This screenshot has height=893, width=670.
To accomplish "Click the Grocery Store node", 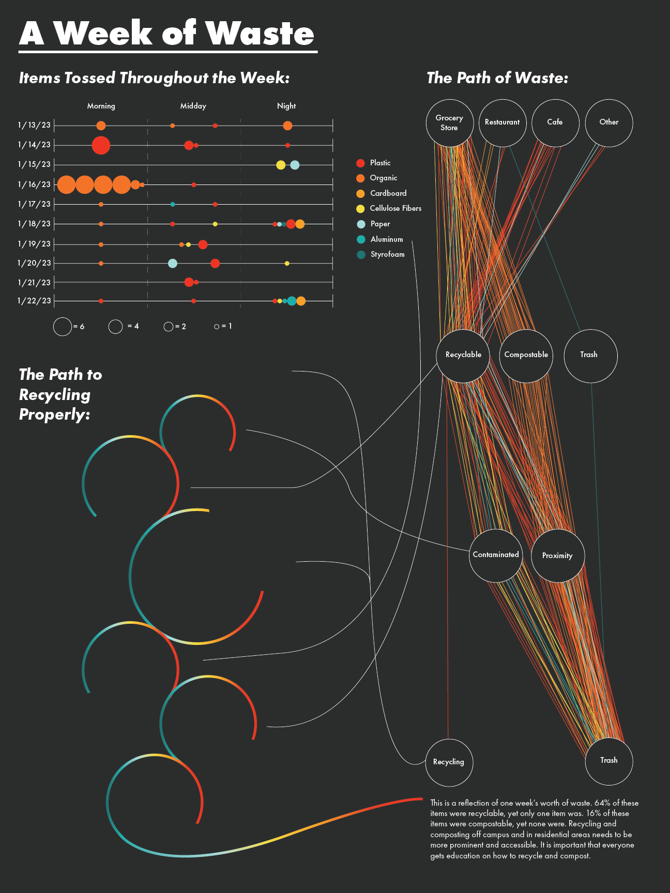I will click(x=449, y=123).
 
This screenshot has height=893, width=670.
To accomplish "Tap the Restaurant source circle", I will click(x=502, y=122).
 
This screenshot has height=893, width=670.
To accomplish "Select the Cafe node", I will click(x=555, y=122).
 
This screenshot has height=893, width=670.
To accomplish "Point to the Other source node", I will click(x=608, y=122).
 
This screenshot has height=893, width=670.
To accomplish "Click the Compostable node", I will click(x=526, y=356).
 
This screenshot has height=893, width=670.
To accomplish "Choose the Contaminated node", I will click(x=496, y=555).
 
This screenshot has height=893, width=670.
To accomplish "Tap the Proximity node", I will click(x=557, y=556).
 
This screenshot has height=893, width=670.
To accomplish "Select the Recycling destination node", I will click(x=449, y=762).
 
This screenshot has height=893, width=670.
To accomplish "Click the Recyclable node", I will click(x=463, y=356).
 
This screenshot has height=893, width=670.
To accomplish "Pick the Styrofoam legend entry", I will click(x=387, y=254).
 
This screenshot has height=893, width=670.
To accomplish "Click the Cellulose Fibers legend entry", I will click(x=395, y=208).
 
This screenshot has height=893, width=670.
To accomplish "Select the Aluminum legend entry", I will click(x=386, y=239).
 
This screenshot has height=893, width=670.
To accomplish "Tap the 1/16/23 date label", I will click(x=34, y=184).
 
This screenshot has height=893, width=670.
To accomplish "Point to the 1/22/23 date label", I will click(x=34, y=301).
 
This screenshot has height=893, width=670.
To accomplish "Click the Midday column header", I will click(x=193, y=106).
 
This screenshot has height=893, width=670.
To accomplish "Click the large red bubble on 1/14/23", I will click(x=101, y=145).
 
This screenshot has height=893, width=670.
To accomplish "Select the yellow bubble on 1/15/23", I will click(x=281, y=165).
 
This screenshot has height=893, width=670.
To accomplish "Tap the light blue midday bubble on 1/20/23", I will click(x=173, y=264).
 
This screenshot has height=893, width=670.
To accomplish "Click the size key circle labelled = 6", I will click(x=63, y=327).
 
